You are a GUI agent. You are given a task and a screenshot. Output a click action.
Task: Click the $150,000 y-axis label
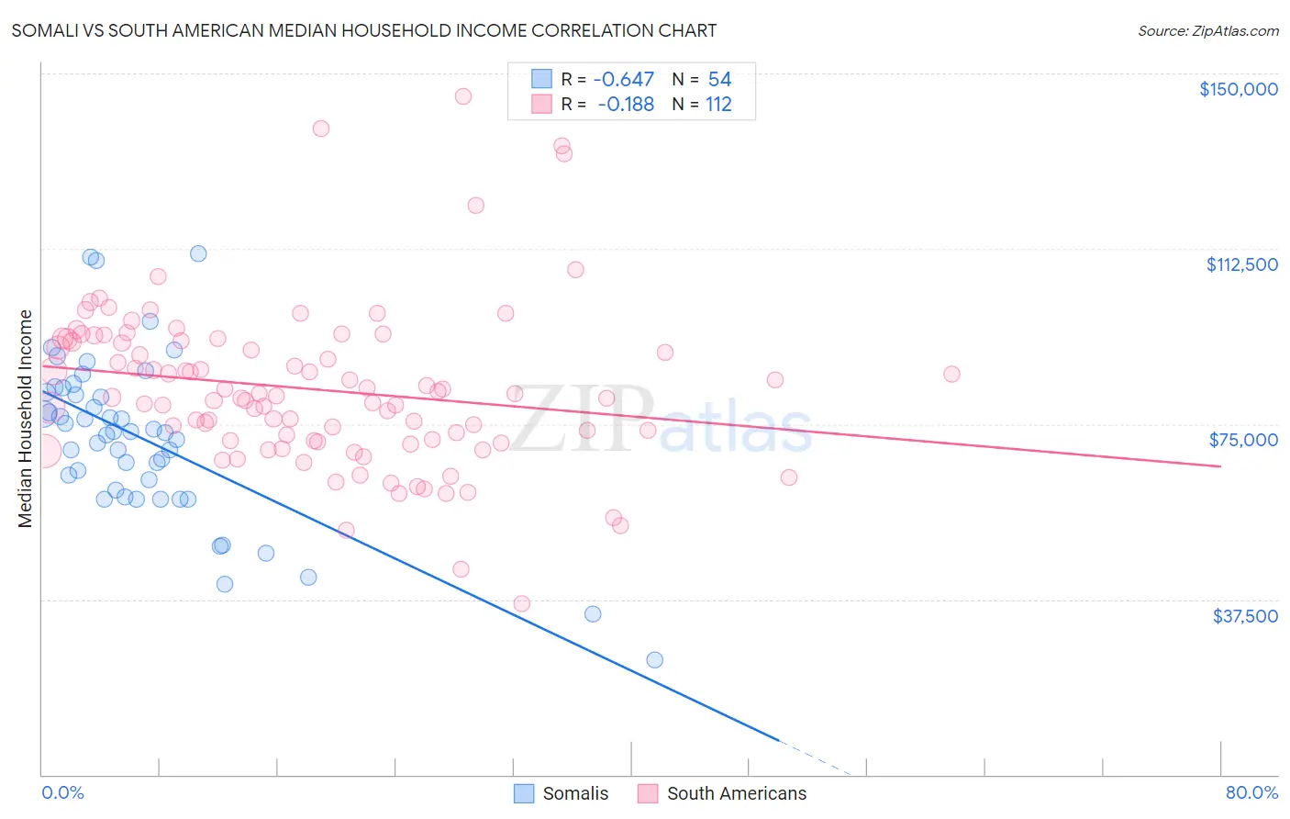point(1238,89)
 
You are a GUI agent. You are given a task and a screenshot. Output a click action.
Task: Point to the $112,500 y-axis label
point(1241,264)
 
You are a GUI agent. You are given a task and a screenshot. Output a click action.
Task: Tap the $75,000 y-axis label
point(1243,440)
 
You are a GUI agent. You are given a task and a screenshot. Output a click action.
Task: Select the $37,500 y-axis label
point(1245,616)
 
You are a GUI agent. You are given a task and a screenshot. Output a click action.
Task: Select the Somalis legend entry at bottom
point(562,793)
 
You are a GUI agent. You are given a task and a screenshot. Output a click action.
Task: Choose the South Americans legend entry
point(723,793)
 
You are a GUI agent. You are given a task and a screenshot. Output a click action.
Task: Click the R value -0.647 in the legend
point(623,80)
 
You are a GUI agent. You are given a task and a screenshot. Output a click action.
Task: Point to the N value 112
point(718,105)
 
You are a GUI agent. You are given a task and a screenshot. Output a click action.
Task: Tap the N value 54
point(719,80)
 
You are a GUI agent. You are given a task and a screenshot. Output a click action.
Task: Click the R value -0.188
point(626,105)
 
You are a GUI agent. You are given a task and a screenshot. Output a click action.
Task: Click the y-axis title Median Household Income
point(26,419)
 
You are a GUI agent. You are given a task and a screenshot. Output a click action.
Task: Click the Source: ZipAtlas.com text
point(1207,31)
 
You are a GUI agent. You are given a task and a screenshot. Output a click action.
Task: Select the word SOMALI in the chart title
point(43,31)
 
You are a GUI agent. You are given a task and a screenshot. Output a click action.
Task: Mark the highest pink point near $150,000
point(463,96)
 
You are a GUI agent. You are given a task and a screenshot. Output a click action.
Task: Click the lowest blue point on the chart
point(654,660)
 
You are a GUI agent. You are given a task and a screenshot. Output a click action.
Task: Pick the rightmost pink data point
point(951,374)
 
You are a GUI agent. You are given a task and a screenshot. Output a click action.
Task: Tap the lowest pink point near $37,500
point(522,603)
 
